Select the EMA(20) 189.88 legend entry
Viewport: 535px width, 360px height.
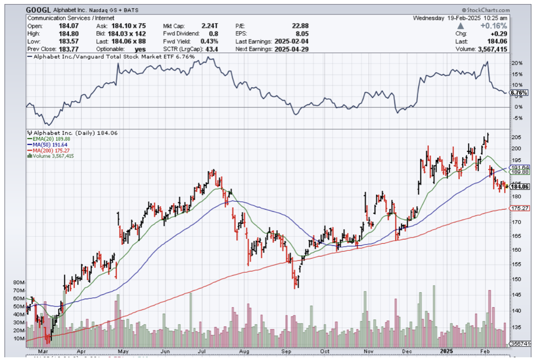[x=49, y=139]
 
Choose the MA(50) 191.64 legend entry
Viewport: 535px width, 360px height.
[x=48, y=145]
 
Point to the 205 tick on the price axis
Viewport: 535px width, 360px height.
[x=516, y=138]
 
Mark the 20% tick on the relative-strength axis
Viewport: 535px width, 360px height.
[x=516, y=63]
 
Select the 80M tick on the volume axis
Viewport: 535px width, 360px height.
[x=19, y=283]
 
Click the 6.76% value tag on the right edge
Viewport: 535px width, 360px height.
[x=519, y=93]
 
